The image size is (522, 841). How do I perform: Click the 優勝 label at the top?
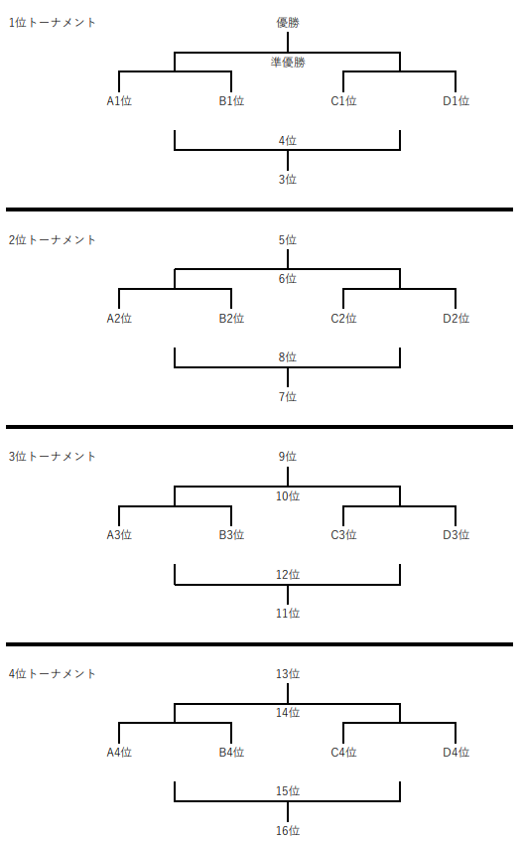click(287, 23)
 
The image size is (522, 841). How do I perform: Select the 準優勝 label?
click(287, 63)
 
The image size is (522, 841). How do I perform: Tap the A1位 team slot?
click(119, 101)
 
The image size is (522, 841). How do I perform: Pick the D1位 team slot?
click(456, 101)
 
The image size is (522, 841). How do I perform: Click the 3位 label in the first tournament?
click(287, 179)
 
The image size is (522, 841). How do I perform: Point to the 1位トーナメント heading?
click(52, 23)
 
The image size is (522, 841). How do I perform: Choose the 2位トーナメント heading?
click(52, 239)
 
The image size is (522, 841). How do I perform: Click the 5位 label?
click(287, 239)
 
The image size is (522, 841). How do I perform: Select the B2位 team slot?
click(231, 318)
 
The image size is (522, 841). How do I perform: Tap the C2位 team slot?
click(343, 318)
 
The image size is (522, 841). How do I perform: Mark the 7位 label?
click(287, 396)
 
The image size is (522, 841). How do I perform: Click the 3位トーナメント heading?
click(52, 457)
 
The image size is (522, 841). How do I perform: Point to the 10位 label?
click(287, 496)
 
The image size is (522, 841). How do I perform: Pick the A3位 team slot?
click(119, 535)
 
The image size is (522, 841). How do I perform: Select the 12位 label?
click(287, 575)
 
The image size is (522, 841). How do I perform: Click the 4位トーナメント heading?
click(52, 673)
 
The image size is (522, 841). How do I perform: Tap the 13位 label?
click(287, 673)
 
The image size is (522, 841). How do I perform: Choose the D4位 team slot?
click(456, 752)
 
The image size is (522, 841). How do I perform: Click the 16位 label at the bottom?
click(287, 830)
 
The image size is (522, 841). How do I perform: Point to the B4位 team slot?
click(231, 752)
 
